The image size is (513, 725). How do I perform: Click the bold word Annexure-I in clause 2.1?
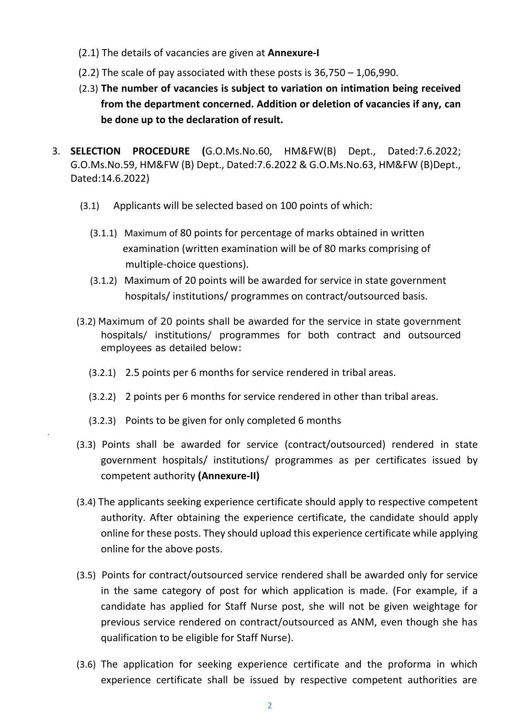293,53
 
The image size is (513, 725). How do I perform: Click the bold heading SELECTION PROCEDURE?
130,151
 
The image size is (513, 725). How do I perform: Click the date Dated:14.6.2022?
110,178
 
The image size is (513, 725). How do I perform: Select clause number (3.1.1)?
103,233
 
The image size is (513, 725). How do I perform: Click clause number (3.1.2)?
103,281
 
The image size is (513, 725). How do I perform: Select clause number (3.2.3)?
102,421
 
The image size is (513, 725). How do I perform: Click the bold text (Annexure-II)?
229,476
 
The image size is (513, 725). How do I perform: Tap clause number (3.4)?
86,502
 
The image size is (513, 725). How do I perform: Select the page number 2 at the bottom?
270,706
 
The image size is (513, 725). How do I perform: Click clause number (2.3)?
88,89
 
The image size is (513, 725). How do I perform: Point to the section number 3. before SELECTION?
56,151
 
